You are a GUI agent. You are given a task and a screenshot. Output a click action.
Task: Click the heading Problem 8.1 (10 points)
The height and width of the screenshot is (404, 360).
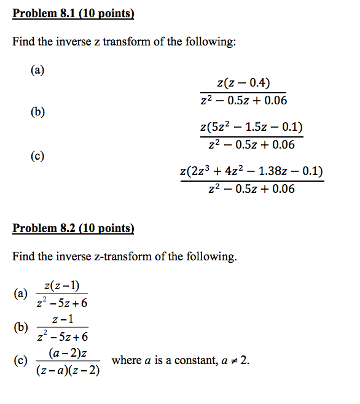click(x=73, y=13)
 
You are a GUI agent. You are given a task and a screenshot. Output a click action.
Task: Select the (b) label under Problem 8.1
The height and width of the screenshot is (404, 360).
click(x=37, y=112)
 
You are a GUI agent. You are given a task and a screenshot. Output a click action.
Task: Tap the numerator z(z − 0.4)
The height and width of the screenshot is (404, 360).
click(x=243, y=84)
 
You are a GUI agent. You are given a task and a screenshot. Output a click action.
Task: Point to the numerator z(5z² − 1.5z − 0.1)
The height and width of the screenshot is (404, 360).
click(x=251, y=128)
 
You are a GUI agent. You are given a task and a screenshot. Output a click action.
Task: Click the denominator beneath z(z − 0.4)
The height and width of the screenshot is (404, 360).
click(x=243, y=100)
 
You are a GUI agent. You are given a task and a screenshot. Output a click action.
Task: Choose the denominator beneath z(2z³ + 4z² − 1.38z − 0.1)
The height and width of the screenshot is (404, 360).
click(x=251, y=188)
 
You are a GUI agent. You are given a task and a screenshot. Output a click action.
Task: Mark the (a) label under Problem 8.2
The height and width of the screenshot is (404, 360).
click(x=20, y=293)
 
